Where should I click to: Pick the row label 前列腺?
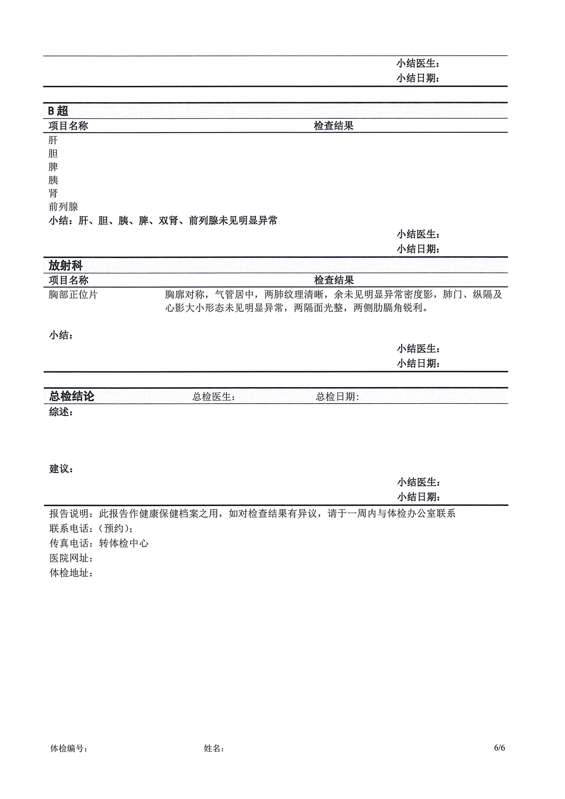tap(63, 207)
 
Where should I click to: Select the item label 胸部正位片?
tap(73, 295)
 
